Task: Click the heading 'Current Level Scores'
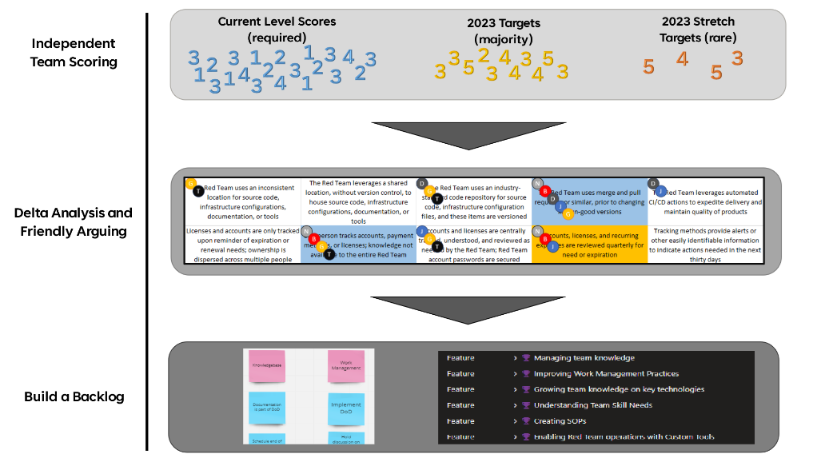tap(277, 22)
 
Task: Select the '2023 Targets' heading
tap(504, 23)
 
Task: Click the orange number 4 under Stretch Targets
tap(682, 58)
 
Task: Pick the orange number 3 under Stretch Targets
tap(737, 58)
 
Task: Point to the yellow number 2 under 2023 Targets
tap(483, 54)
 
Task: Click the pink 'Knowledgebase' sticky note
tap(266, 366)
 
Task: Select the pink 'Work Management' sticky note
tap(345, 366)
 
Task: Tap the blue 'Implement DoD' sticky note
tap(345, 408)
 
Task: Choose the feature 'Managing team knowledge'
tap(584, 358)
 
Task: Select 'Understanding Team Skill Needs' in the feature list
tap(592, 405)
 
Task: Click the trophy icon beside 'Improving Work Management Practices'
tap(526, 374)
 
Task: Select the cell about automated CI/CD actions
tap(703, 200)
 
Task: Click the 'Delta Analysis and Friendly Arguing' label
tap(73, 221)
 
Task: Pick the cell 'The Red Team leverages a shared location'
tap(358, 200)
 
